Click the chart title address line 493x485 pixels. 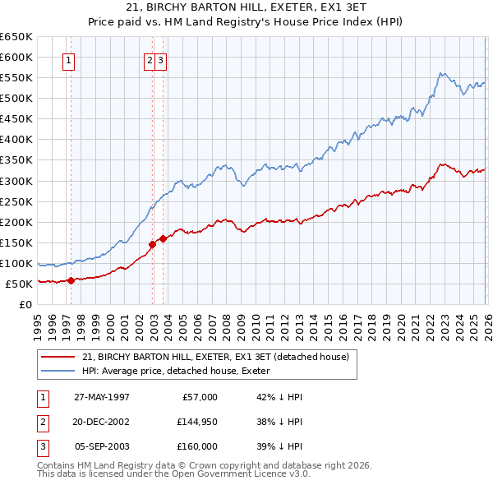(x=247, y=7)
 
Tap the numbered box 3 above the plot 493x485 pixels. (x=161, y=59)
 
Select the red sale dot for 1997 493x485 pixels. (x=71, y=280)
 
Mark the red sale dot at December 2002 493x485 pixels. (x=153, y=244)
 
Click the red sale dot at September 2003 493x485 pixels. (x=163, y=238)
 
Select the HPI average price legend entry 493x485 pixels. (x=182, y=371)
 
